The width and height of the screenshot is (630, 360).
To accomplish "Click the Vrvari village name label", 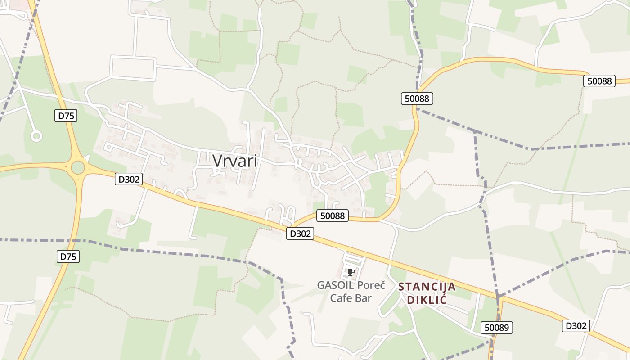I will (234, 161).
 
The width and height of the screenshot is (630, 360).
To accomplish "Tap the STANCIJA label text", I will (427, 287).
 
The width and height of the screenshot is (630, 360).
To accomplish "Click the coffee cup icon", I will (351, 272).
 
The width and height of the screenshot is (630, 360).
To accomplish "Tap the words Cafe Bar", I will (351, 298).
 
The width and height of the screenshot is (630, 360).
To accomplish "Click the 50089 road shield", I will (497, 328).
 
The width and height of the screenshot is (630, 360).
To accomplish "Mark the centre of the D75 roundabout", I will (78, 168).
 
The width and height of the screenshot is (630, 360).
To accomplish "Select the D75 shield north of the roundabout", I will (66, 116).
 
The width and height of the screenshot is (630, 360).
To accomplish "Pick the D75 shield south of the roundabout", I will (68, 256).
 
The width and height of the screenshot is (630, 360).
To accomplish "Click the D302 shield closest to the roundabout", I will (129, 179).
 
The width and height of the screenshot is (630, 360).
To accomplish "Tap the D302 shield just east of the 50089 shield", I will (576, 325).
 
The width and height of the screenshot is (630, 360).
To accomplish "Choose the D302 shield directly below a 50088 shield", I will (300, 234).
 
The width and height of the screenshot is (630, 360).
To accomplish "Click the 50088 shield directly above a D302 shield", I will (333, 216).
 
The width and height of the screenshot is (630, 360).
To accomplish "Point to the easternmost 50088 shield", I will (599, 81).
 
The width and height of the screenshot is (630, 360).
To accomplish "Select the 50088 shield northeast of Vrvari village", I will (417, 98).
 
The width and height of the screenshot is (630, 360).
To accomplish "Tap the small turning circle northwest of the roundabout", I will (36, 136).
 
